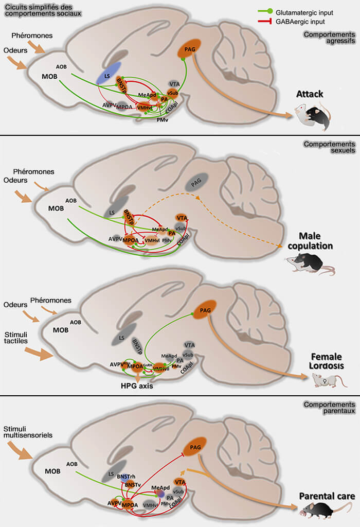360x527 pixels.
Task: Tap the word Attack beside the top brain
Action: tap(310, 94)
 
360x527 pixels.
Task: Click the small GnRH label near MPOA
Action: tap(147, 365)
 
